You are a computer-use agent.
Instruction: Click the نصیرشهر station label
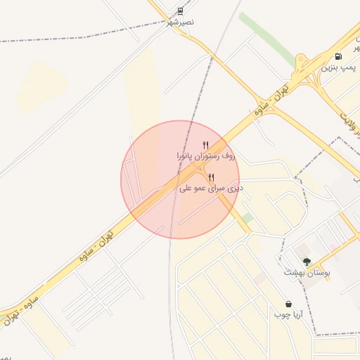[181, 22]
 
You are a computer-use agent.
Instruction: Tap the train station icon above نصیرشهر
[181, 11]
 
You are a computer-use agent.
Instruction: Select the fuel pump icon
[340, 56]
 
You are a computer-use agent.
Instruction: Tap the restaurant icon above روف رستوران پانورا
[205, 144]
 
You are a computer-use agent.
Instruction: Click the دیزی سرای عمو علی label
[211, 188]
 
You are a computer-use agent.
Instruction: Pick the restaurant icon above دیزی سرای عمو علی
[211, 177]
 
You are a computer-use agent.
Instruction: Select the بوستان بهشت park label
[307, 271]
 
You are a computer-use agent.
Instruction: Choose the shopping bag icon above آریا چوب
[289, 304]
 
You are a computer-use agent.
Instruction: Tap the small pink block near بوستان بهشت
[332, 247]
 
